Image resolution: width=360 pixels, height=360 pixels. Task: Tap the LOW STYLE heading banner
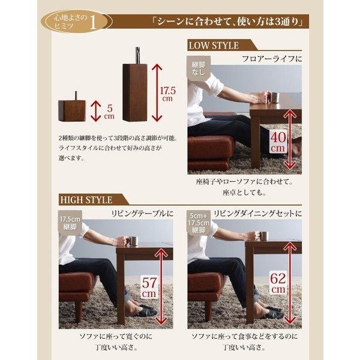pos(215,46)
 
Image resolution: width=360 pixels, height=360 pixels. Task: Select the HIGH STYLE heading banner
pos(86,199)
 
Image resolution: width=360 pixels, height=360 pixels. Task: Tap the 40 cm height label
pos(278,143)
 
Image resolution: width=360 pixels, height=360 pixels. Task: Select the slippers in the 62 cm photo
pos(271,314)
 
